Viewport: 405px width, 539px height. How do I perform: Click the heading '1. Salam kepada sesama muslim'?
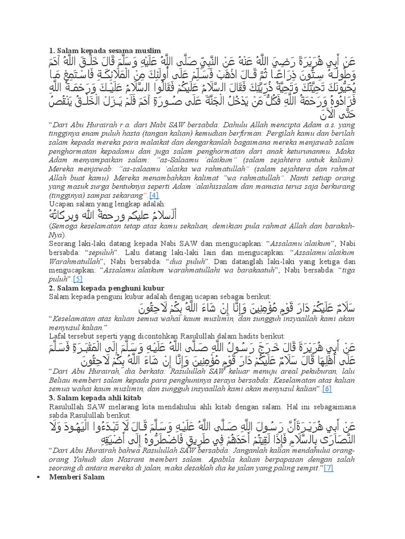(98, 51)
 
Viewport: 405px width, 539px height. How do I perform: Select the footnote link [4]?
(154, 195)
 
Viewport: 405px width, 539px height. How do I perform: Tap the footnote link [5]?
(78, 278)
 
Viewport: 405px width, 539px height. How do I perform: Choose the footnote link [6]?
(327, 388)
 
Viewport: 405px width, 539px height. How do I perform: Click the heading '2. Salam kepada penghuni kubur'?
(107, 288)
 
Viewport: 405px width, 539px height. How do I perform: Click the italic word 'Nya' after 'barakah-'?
(55, 235)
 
